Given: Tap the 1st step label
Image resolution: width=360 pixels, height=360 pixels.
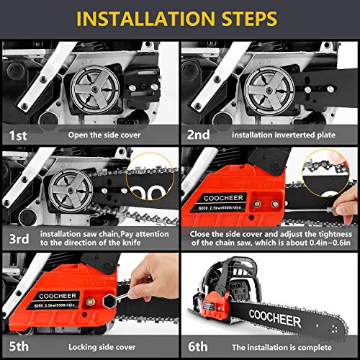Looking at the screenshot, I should click(x=19, y=133).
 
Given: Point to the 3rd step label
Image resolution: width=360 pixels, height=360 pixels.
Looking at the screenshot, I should click(x=19, y=239).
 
